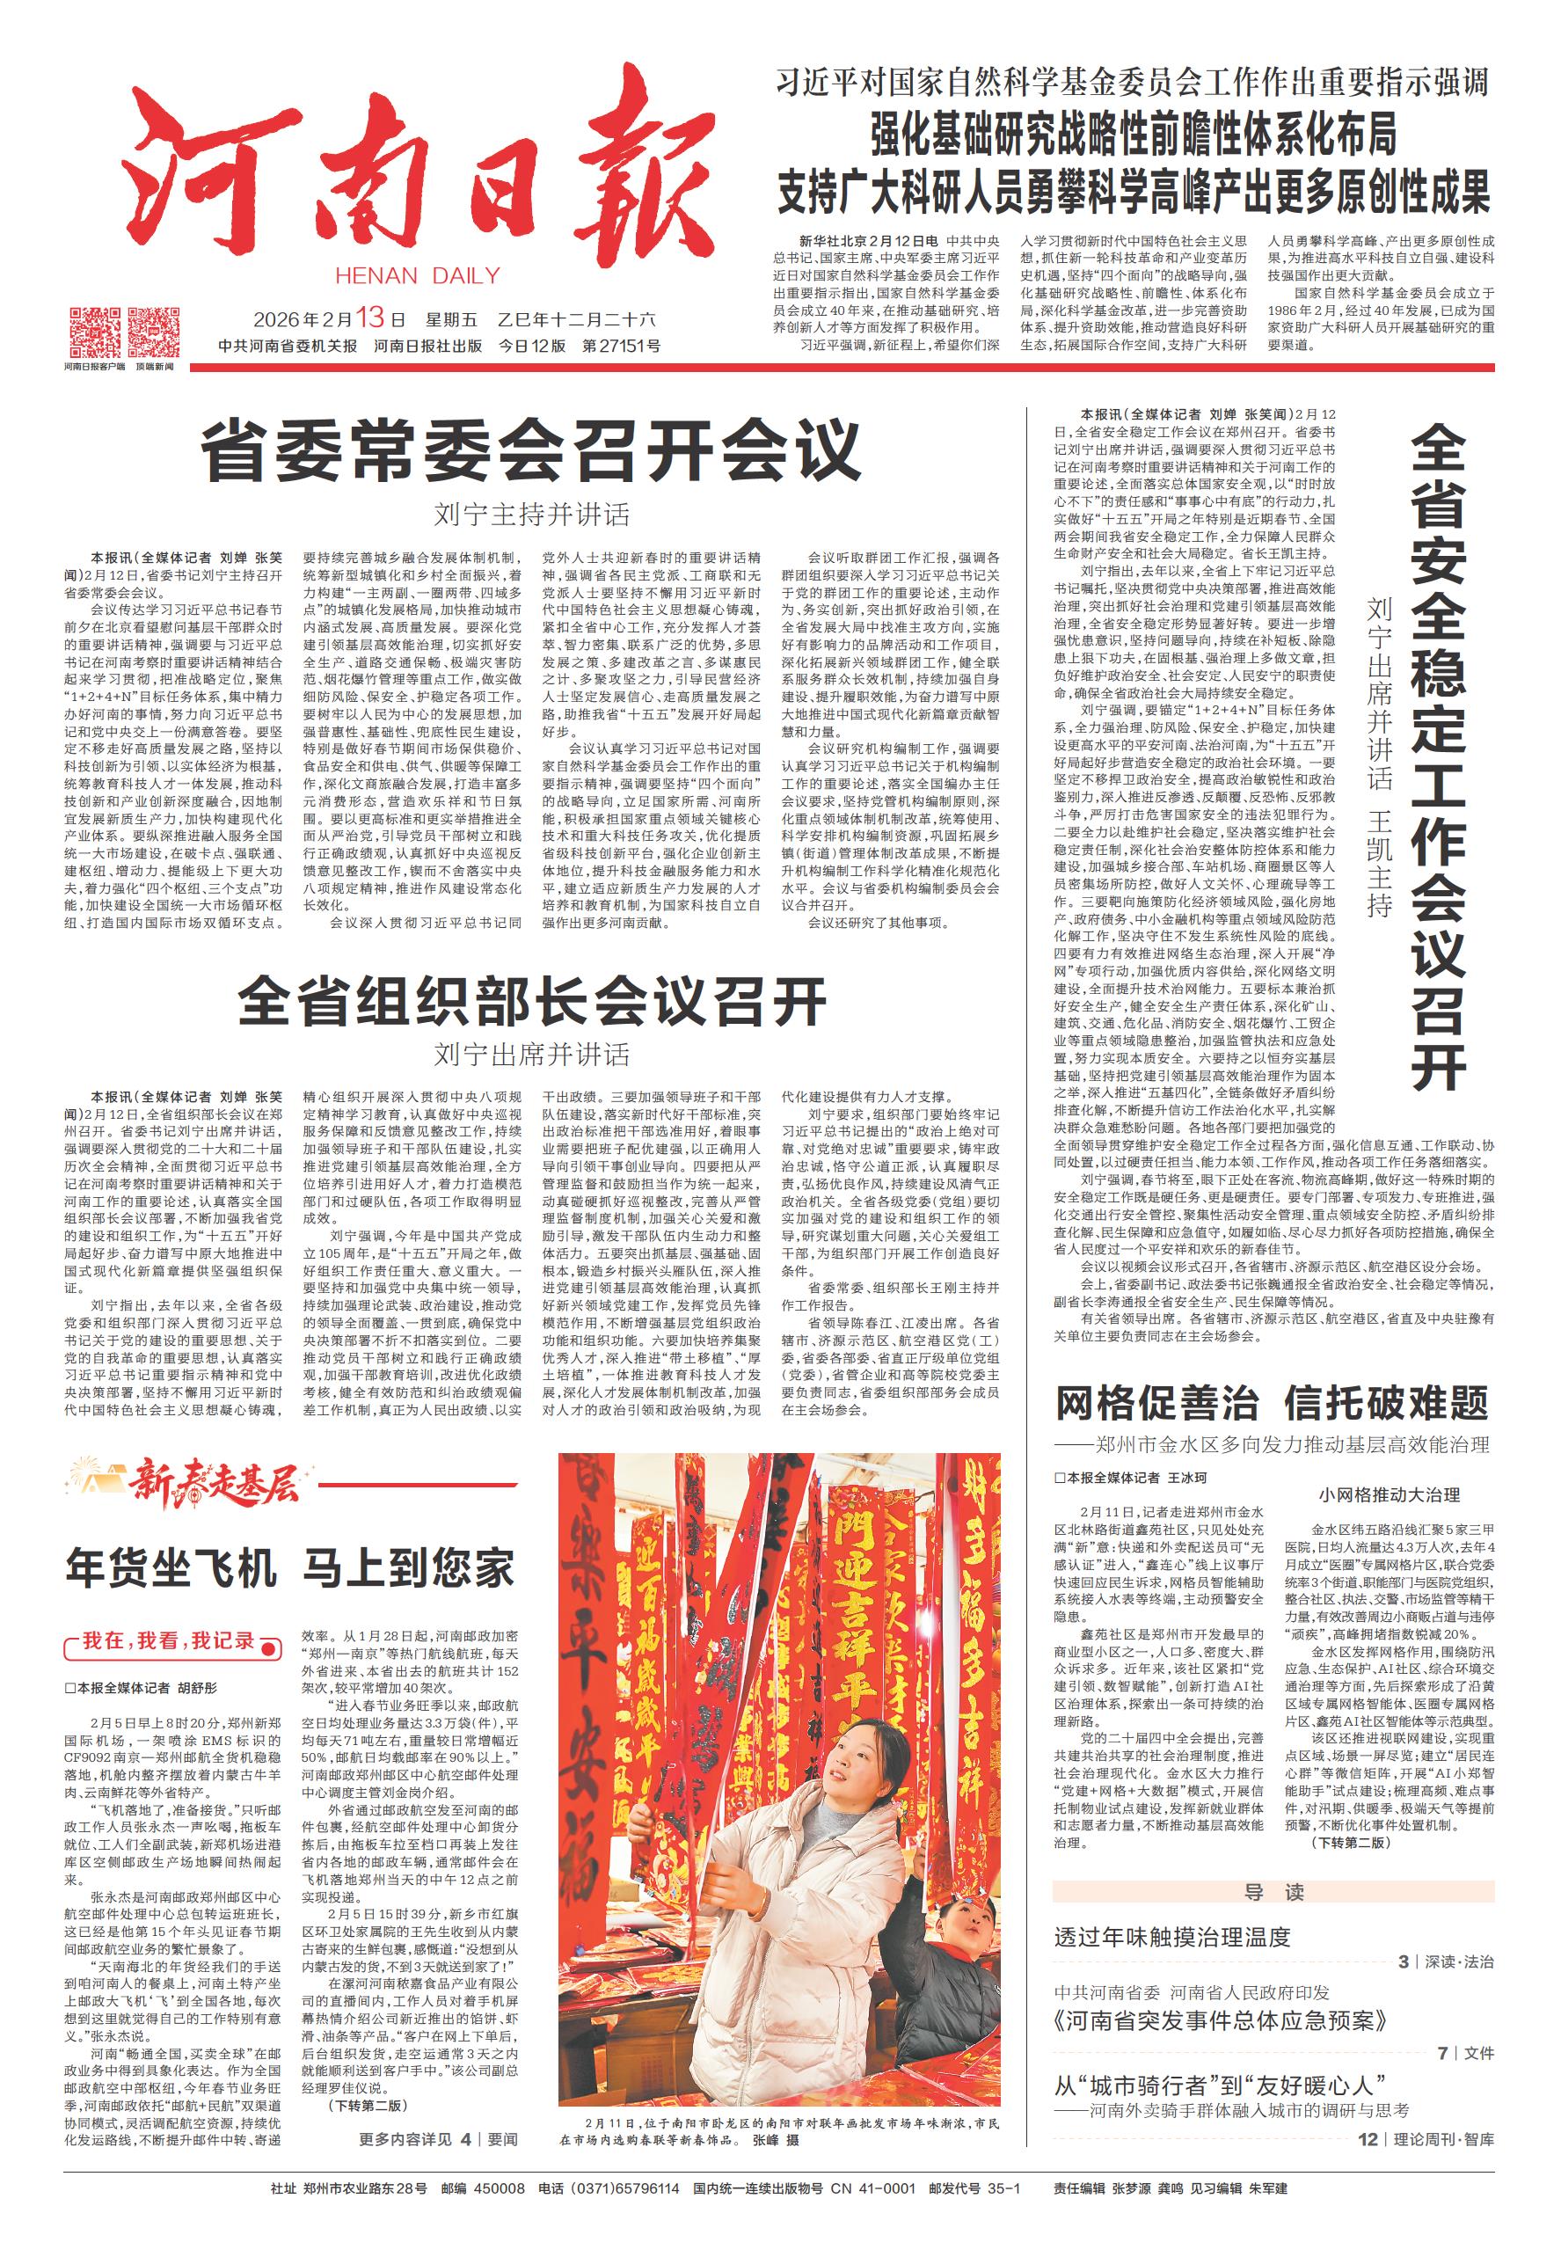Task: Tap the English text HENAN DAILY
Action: click(418, 276)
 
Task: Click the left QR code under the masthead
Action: click(95, 332)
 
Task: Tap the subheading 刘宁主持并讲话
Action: click(532, 515)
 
